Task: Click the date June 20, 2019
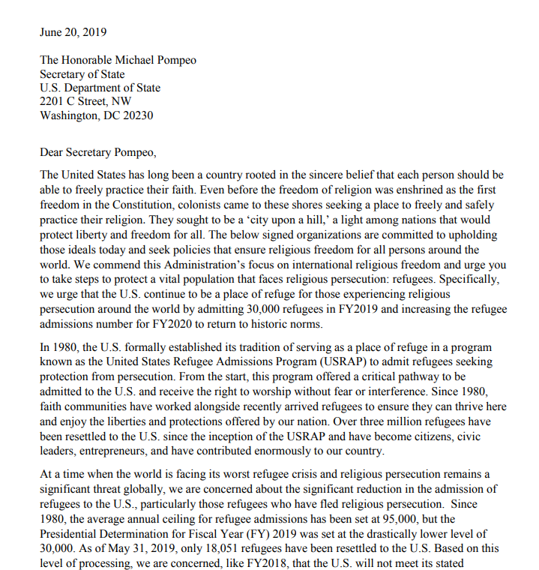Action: pyautogui.click(x=73, y=32)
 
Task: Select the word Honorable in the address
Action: pyautogui.click(x=91, y=60)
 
